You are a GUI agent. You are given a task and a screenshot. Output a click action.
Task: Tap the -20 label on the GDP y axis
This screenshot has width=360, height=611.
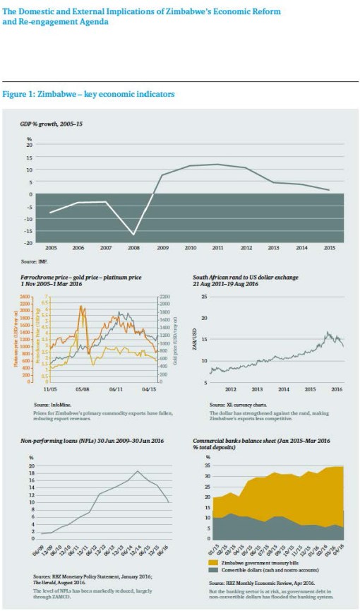30,242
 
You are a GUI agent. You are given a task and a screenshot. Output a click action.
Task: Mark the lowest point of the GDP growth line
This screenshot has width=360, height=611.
133,235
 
